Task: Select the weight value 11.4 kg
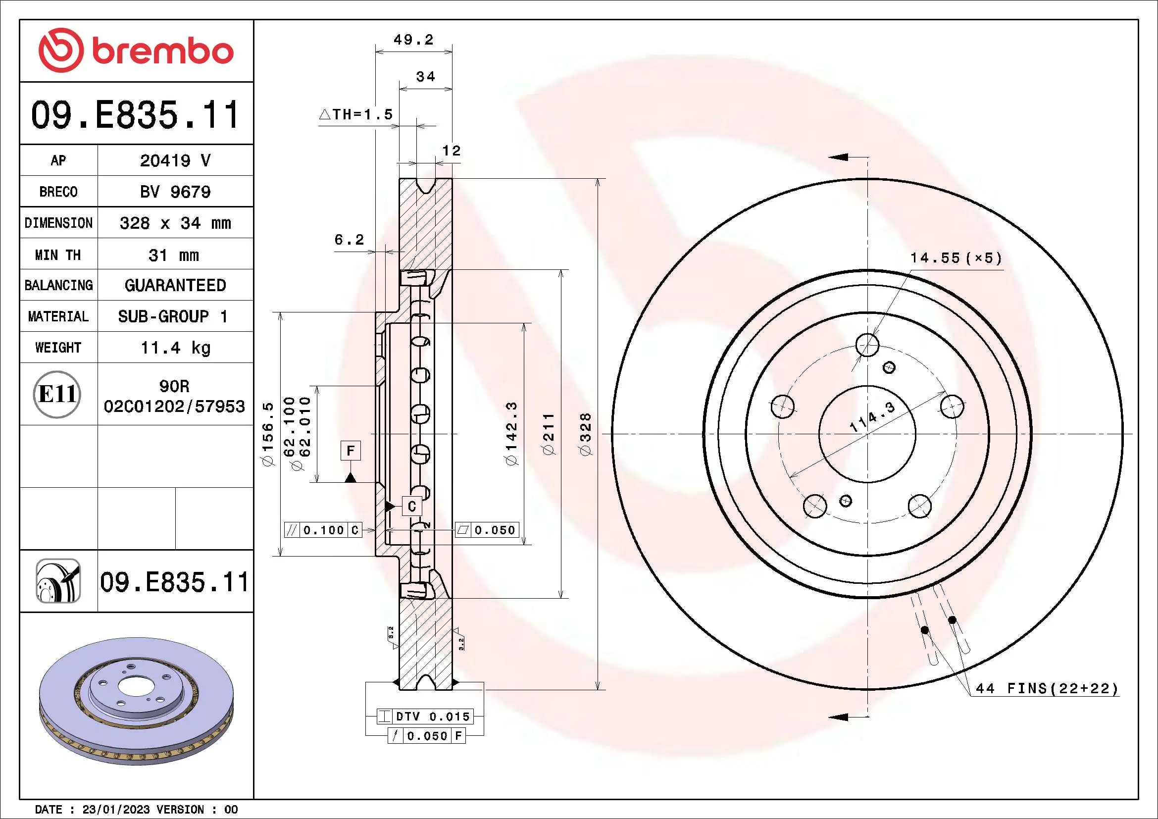[175, 348]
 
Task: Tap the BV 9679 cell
[175, 192]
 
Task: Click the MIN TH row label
[58, 255]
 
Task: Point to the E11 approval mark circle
[57, 394]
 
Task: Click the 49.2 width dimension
[413, 39]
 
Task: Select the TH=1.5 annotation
[356, 114]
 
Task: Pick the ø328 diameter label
[585, 434]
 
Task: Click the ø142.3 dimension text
[511, 434]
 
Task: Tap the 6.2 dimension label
[349, 240]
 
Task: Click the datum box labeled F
[351, 450]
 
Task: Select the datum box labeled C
[411, 507]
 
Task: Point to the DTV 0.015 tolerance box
[425, 716]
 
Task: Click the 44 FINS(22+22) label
[1047, 688]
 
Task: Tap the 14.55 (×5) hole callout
[956, 258]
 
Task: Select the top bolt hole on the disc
[867, 345]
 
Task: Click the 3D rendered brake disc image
[136, 701]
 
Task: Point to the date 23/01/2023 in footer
[116, 810]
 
